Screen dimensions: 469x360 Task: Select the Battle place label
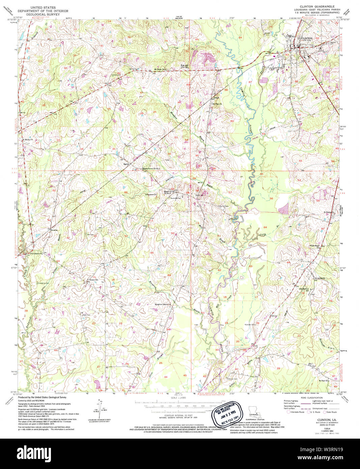click(x=126, y=163)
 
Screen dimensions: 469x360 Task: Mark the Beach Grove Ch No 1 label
click(x=151, y=168)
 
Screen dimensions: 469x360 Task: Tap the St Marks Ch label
click(x=28, y=139)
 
